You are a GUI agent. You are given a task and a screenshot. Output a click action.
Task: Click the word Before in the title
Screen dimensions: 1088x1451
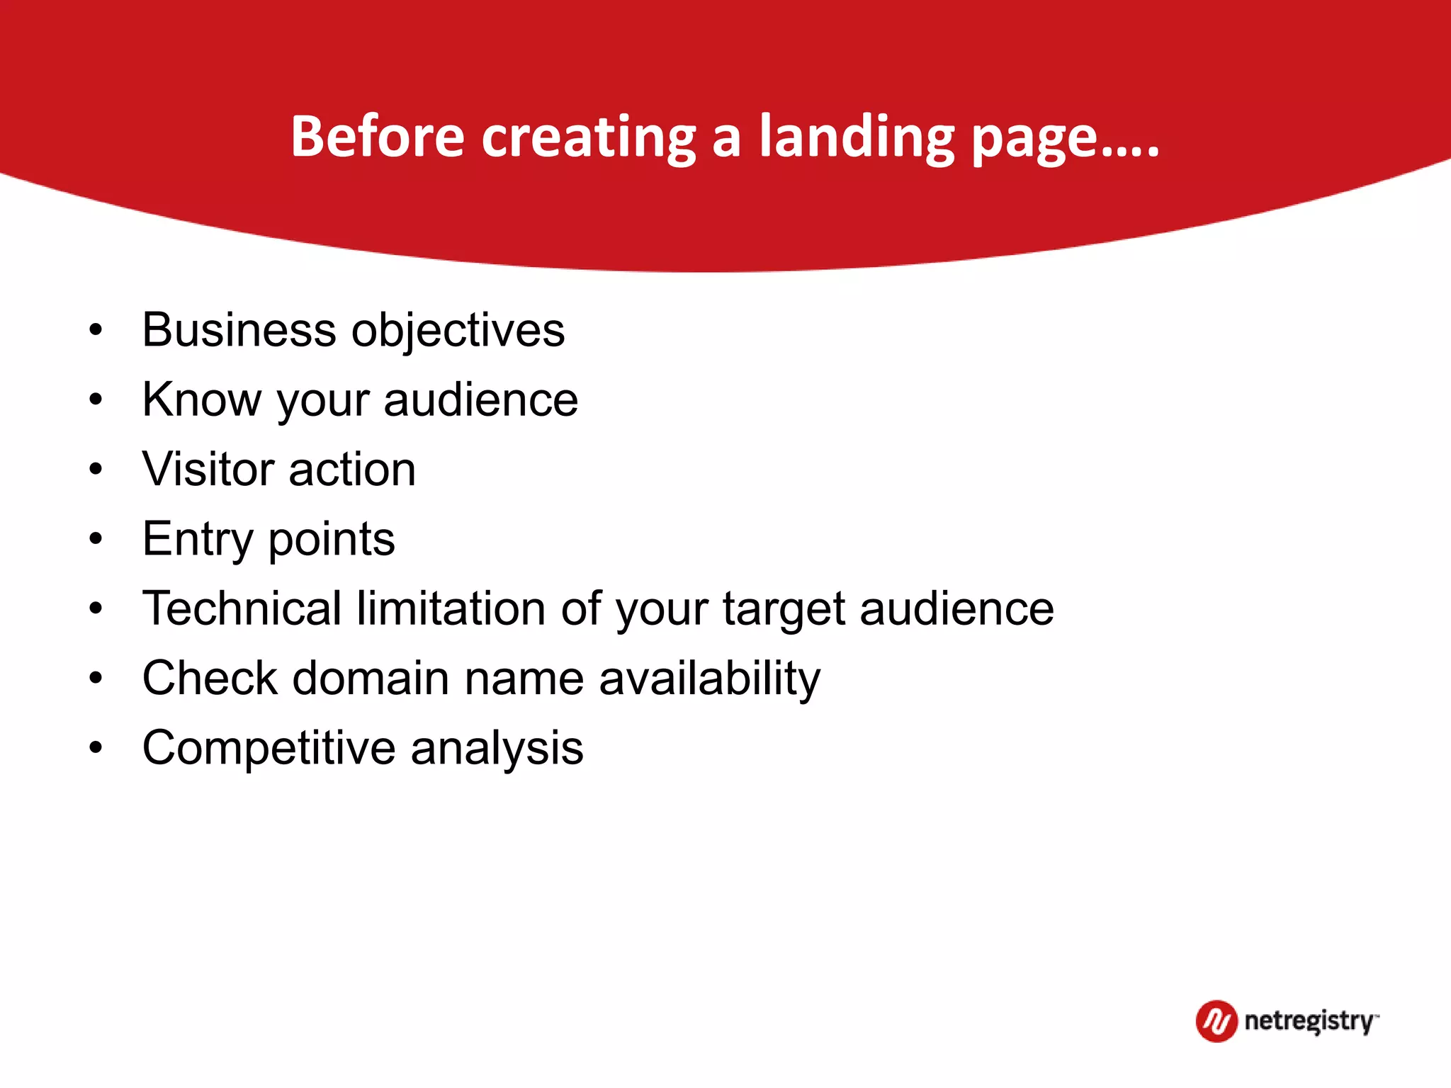377,136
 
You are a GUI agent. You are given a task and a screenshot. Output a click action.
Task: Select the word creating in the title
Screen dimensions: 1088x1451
588,137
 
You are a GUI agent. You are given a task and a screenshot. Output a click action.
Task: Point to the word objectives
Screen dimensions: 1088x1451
458,331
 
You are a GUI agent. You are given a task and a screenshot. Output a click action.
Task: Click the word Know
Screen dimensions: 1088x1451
201,399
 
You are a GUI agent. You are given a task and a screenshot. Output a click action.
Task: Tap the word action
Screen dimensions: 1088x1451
352,470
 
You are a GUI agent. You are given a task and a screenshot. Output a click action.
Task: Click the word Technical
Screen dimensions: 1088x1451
242,608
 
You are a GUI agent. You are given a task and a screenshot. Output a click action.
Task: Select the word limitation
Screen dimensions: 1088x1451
451,608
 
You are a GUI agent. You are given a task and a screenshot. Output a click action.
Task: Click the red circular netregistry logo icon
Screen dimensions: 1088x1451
1216,1021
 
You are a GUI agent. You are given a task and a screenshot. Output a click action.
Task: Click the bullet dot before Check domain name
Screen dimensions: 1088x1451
96,679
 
